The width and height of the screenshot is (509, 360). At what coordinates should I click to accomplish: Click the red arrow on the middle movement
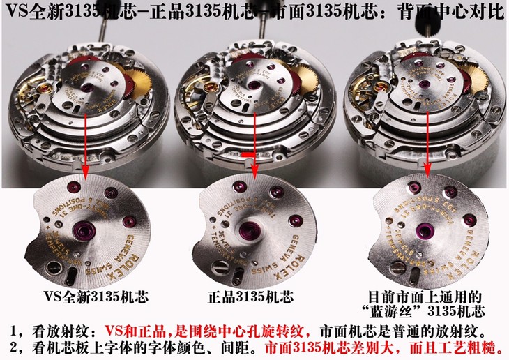pos(254,143)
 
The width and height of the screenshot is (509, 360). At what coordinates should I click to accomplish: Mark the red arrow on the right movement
pos(425,143)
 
